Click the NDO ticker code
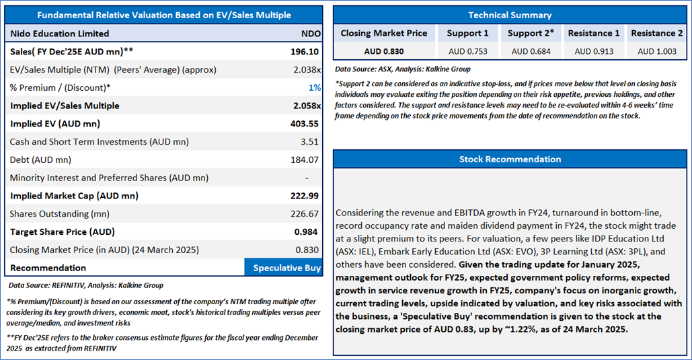311,34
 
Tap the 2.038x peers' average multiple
308,69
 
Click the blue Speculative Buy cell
287,268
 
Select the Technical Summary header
510,15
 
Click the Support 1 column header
468,33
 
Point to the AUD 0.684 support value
531,51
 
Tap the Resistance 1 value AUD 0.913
594,51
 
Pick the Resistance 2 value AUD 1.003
656,51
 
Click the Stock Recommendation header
510,159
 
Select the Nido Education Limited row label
60,34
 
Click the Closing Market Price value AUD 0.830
384,51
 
